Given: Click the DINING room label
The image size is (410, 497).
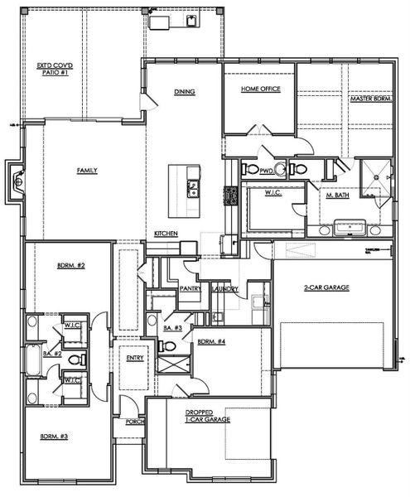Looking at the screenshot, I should (184, 92).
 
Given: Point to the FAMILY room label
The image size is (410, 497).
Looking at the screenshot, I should (87, 171).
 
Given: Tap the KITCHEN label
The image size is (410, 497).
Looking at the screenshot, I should (166, 234).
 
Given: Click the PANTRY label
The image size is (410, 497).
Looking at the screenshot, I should (191, 288).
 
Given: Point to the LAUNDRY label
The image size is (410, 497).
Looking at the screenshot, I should (226, 289).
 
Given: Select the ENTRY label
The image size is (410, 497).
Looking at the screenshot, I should (135, 358).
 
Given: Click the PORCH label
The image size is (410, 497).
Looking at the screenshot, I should (135, 422).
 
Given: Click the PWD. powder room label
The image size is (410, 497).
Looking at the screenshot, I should (266, 171).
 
